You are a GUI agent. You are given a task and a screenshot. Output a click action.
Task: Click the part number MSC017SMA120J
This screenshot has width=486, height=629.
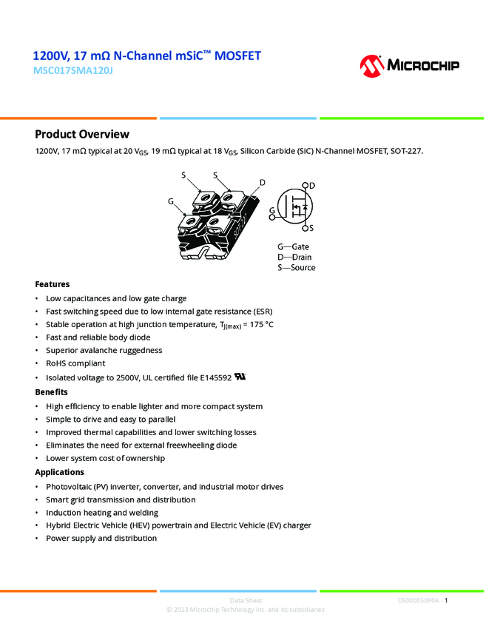pos(73,71)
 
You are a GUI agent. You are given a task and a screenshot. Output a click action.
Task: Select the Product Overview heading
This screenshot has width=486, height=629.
pos(82,134)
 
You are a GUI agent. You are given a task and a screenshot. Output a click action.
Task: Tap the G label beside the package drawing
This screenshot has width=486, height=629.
pos(171,201)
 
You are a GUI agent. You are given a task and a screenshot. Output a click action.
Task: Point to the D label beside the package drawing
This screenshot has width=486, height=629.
pos(262,183)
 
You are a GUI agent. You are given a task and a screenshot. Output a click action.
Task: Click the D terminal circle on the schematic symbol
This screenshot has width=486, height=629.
pos(305,186)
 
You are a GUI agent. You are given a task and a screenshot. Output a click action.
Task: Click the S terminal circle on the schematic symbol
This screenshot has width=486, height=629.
pos(305,228)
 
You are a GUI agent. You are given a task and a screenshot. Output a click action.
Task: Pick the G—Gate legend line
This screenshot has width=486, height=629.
pos(293,246)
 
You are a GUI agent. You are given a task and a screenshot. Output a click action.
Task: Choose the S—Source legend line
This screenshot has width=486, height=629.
pos(296,267)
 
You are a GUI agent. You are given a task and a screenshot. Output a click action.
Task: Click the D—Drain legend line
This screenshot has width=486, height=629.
pos(294,257)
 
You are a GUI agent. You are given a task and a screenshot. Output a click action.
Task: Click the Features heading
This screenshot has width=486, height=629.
pos(53,284)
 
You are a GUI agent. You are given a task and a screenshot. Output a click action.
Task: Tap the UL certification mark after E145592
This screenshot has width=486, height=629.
pos(240,376)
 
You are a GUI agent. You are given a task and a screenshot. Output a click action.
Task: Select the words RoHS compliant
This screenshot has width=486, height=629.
pos(76,363)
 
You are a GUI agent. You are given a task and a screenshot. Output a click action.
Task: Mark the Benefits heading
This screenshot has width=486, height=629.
pos(52,392)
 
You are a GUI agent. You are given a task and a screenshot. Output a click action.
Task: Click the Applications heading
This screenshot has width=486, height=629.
pos(60,472)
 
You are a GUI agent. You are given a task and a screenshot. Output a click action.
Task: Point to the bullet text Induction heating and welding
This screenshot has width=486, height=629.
pos(102,512)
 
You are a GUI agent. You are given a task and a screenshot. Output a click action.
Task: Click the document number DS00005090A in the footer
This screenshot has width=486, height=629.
pos(418,601)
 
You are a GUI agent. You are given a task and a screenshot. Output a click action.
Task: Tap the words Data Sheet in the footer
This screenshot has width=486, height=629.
pos(246,601)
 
